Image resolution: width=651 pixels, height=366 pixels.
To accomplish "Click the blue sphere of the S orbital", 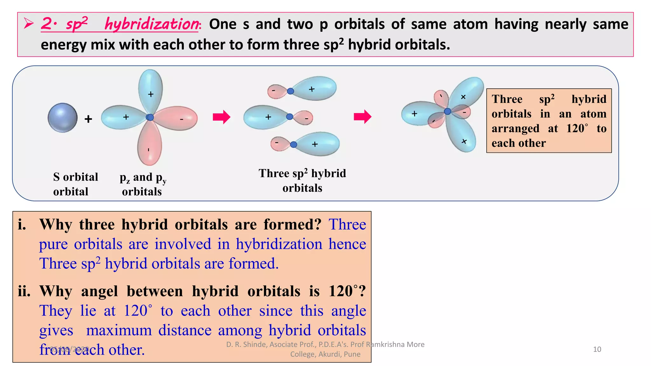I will coord(63,118).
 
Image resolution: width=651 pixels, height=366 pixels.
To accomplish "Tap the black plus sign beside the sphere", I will coord(88,119).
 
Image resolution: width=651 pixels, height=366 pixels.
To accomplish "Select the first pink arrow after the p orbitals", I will coord(221,117).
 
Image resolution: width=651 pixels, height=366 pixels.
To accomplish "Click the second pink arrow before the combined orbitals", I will coord(362,117).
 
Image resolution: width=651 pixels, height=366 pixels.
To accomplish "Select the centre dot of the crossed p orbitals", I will coord(150,117).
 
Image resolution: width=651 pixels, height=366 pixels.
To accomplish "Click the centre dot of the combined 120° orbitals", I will coord(447,111).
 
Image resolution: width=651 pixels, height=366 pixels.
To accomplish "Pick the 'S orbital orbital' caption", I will coord(75,184).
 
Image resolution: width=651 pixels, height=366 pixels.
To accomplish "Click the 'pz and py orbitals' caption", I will coord(143,184).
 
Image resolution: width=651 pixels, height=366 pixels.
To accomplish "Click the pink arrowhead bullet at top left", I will coord(29,24).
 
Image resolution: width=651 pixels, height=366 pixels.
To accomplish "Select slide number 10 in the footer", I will coord(597,349).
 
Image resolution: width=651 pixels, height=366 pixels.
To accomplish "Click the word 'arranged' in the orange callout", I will coord(515,129).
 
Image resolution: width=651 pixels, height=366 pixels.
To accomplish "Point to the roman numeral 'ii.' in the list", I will coord(24,291).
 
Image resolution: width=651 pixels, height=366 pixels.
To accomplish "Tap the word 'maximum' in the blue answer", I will coord(119,330).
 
